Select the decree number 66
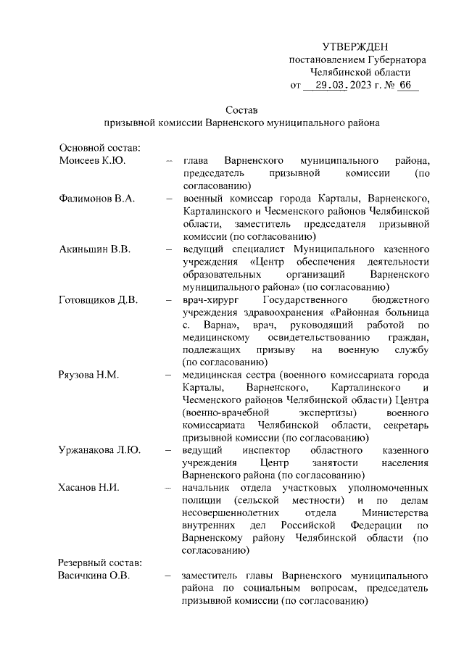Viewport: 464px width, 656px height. tap(405, 86)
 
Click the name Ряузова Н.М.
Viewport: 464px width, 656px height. tap(89, 375)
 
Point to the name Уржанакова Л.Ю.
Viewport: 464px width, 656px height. tap(100, 450)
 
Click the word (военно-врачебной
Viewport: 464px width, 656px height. tap(227, 412)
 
